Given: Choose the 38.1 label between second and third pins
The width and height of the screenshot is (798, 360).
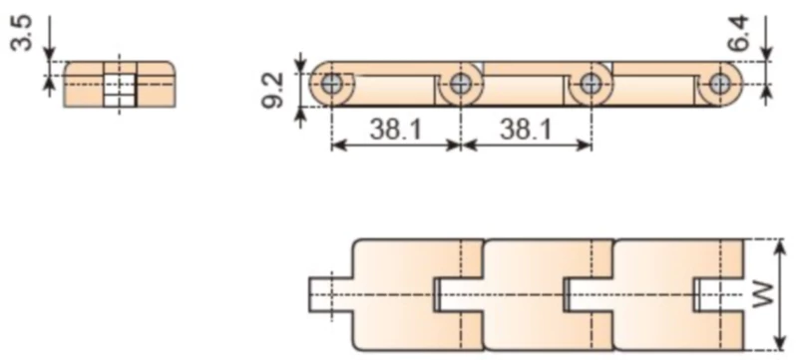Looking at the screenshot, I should tap(526, 128).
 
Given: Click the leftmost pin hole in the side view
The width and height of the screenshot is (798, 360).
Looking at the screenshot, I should tap(330, 85).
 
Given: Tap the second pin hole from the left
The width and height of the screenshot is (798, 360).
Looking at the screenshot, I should tap(460, 85).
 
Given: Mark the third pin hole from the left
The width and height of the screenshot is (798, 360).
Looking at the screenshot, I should tap(592, 85).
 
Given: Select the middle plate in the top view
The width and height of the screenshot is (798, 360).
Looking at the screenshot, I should tap(524, 294).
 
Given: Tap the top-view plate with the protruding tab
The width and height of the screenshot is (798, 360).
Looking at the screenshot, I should tap(394, 294).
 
